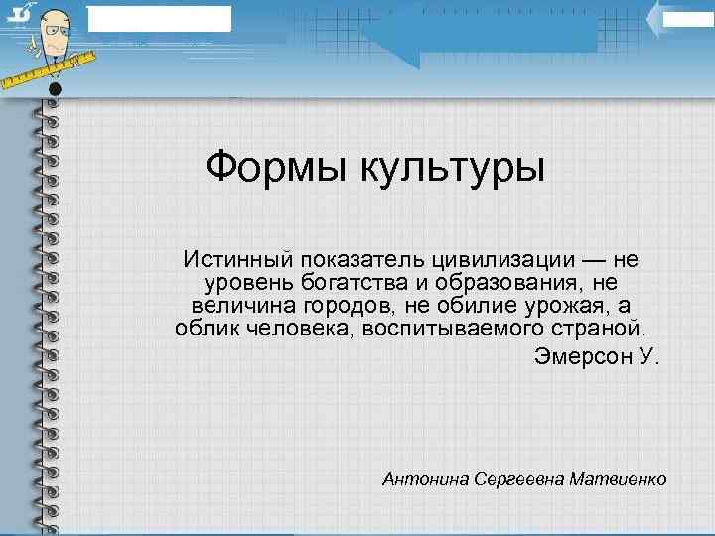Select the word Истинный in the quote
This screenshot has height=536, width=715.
pyautogui.click(x=237, y=260)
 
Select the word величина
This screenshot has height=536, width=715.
pyautogui.click(x=235, y=305)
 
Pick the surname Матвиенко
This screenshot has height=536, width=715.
pyautogui.click(x=620, y=479)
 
